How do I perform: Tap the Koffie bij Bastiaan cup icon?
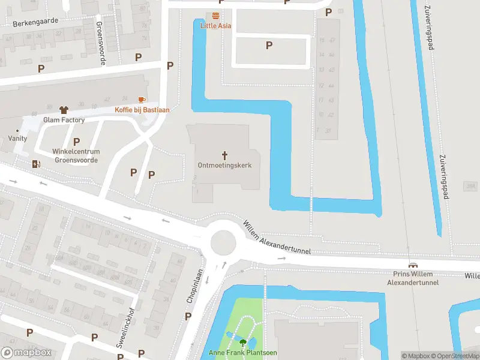pos(142,100)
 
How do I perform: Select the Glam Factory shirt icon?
pos(64,110)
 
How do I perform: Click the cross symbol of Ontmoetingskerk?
pos(224,154)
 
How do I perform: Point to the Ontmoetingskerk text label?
pos(224,165)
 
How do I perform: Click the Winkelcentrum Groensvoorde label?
pos(76,156)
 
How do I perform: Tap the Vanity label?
pos(17,138)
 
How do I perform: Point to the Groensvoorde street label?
pos(100,43)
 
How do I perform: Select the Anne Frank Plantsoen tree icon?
pos(243,343)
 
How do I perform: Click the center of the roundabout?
pos(222,243)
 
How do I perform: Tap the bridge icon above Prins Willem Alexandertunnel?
pos(413,266)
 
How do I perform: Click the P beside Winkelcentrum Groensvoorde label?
pos(76,142)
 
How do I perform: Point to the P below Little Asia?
pos(269,45)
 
